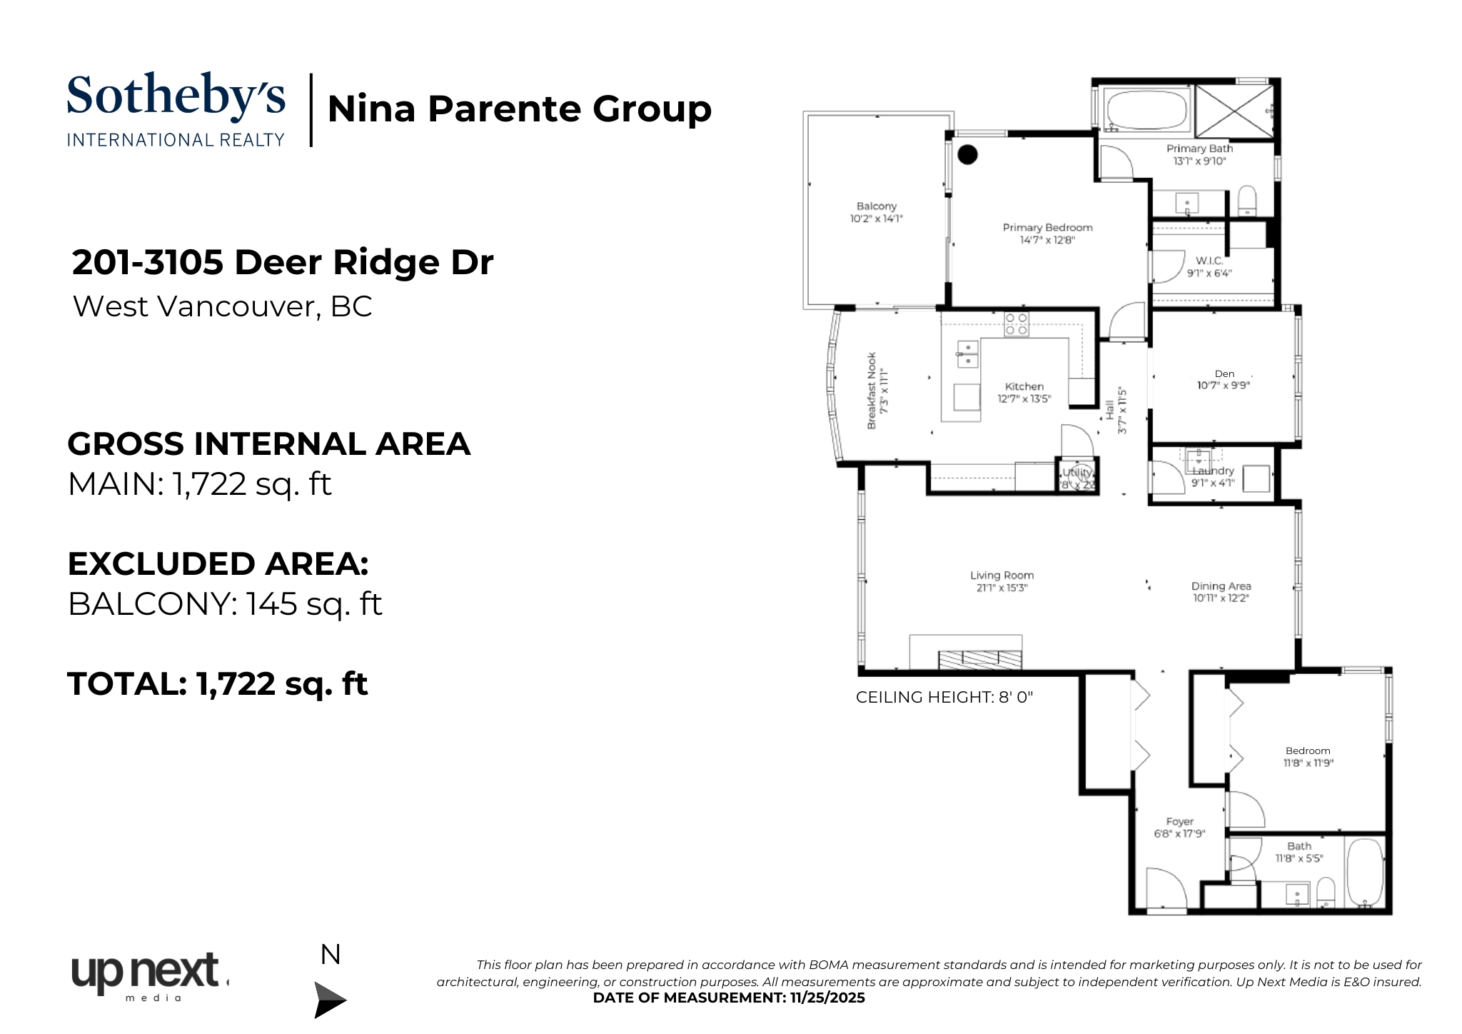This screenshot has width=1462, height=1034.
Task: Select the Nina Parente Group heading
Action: tap(519, 109)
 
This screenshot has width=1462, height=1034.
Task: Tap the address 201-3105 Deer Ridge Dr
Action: tap(283, 262)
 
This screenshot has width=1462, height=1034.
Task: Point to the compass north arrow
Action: tap(330, 998)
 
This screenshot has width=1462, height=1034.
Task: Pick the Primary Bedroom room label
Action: tap(1047, 228)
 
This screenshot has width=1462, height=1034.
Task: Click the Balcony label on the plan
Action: tap(876, 206)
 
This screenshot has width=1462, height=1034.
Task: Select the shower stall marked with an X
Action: tap(1234, 111)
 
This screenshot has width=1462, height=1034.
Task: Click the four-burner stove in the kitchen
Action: tap(1016, 324)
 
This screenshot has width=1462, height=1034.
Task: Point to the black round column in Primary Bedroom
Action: tap(967, 154)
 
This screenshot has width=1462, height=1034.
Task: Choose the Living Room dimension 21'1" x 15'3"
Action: tap(1002, 588)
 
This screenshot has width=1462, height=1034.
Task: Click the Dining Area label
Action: tap(1221, 586)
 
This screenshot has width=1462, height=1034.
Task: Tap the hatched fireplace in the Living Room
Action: tap(979, 659)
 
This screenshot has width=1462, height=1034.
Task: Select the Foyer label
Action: tap(1179, 822)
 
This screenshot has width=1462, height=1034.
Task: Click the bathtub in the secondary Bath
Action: tap(1364, 873)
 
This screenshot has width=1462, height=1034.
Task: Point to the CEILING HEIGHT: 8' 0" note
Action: tap(944, 697)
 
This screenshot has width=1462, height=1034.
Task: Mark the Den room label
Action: tap(1224, 373)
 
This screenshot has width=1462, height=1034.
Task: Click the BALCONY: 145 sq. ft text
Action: tap(225, 604)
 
